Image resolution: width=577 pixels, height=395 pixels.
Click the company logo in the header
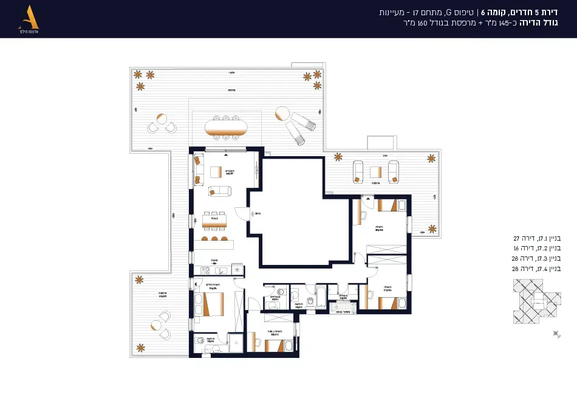(x=29, y=18)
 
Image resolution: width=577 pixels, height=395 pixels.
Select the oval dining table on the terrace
(x=226, y=128)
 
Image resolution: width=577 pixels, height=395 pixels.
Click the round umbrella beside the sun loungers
(x=282, y=114)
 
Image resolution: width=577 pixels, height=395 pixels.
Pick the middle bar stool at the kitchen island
(x=214, y=239)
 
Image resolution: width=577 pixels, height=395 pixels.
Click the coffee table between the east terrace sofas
(x=376, y=172)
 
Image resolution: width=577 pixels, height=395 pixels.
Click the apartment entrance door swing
(x=241, y=214)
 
